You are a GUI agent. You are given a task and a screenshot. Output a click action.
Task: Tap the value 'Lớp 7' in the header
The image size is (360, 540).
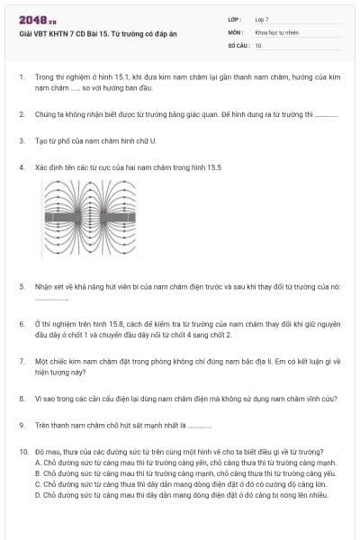pyautogui.click(x=262, y=19)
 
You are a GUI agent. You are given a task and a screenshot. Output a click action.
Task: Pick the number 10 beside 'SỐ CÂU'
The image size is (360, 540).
pyautogui.click(x=258, y=45)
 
